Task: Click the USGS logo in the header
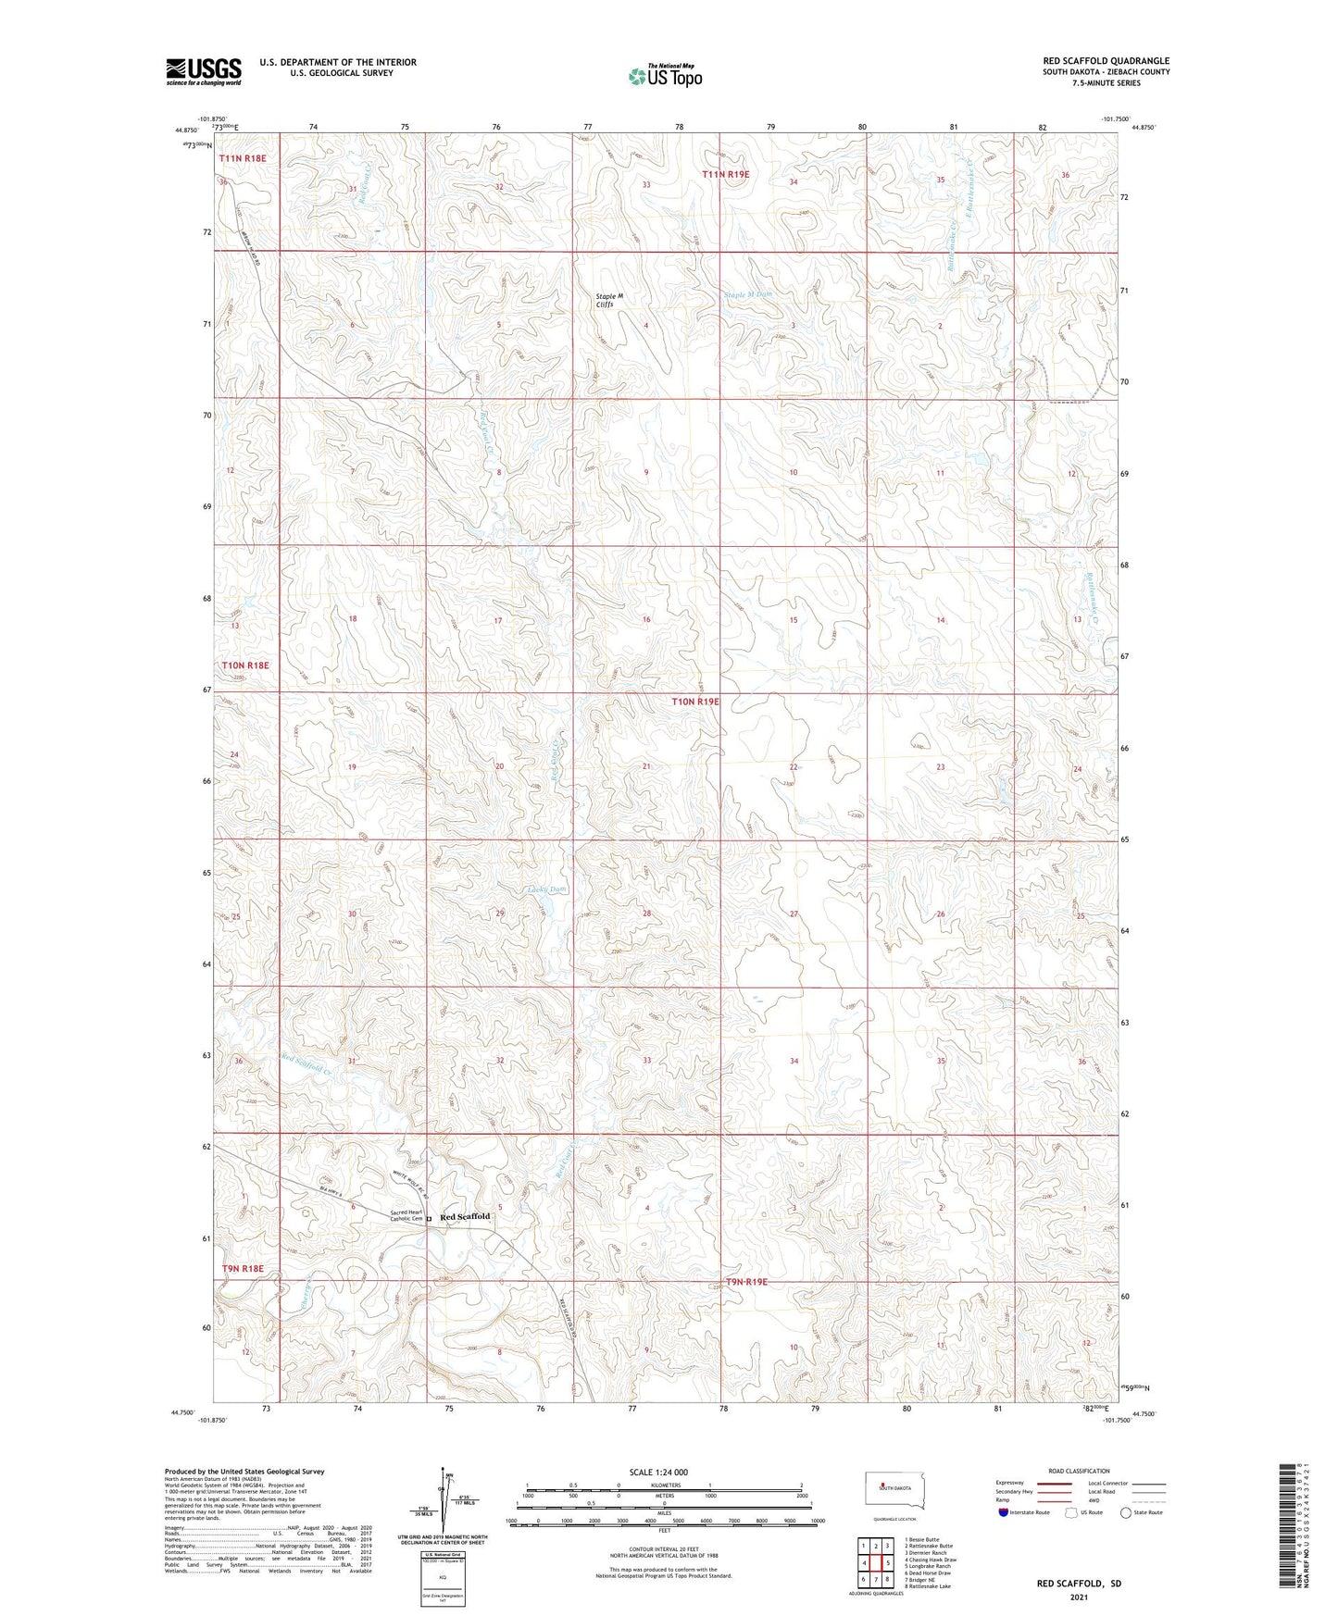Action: point(204,71)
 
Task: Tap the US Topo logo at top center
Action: point(664,76)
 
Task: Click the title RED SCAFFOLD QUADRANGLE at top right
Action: point(1106,61)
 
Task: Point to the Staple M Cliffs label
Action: point(609,300)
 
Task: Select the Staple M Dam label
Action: point(747,294)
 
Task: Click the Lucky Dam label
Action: point(546,889)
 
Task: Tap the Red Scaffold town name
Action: point(464,1216)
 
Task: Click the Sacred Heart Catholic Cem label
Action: point(406,1215)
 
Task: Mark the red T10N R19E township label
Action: point(694,702)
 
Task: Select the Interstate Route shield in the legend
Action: point(1004,1512)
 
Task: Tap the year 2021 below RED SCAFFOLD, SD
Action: point(1079,1597)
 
